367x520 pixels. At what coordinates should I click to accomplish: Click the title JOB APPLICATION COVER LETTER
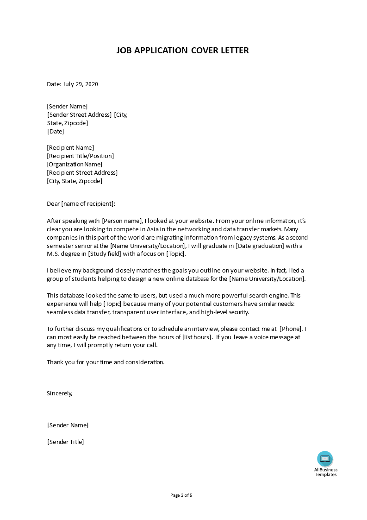click(183, 51)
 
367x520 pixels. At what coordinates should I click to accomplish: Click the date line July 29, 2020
click(73, 84)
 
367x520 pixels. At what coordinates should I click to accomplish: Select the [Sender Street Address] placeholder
click(79, 115)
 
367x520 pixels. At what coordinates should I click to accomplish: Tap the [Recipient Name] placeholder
click(70, 148)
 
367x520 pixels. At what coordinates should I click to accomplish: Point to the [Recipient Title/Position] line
click(80, 156)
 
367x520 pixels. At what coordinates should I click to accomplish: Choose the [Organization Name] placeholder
click(75, 165)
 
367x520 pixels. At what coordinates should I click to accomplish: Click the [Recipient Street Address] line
click(82, 173)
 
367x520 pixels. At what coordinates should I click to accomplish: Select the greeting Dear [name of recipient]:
click(81, 203)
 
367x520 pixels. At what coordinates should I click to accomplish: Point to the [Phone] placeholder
click(292, 329)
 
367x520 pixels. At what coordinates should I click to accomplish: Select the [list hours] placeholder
click(198, 337)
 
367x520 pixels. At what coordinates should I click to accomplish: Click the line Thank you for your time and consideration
click(106, 362)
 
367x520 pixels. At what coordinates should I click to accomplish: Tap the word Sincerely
click(60, 393)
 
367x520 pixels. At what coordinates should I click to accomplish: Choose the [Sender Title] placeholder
click(66, 442)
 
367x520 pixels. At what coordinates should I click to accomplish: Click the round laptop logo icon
click(325, 459)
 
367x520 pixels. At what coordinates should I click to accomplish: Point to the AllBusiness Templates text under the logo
click(326, 472)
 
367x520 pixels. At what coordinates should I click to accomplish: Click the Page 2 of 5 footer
click(181, 495)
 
